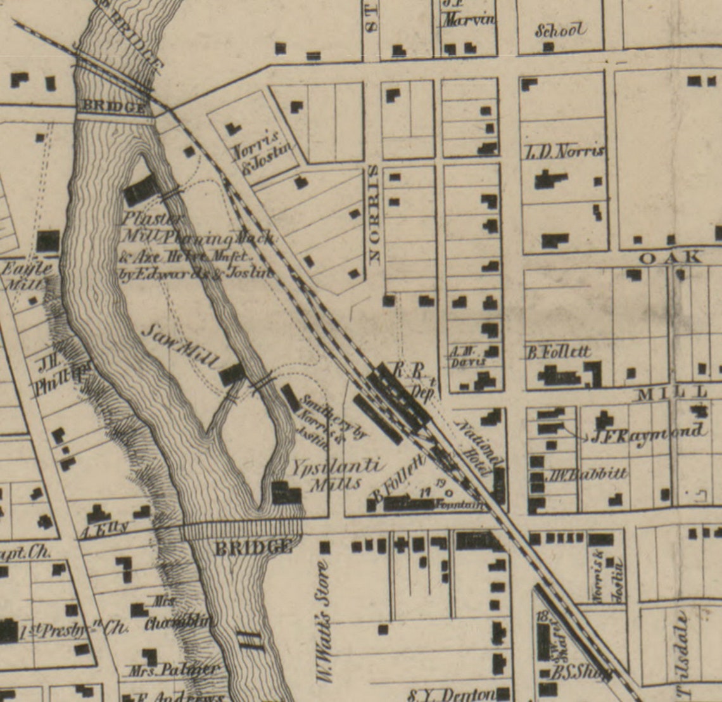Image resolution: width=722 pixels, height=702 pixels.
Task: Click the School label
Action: (x=560, y=30)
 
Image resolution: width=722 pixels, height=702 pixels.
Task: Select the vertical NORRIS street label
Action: (x=374, y=214)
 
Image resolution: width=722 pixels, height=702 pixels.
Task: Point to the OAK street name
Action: (x=670, y=257)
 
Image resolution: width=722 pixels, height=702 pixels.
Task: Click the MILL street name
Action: (x=671, y=394)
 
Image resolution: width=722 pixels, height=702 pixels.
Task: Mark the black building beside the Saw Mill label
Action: (x=232, y=374)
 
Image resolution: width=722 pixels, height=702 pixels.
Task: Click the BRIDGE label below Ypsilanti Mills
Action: (x=253, y=547)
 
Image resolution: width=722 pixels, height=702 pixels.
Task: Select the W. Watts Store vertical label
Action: (x=324, y=623)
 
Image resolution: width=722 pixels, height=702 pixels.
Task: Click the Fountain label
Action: (x=467, y=505)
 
